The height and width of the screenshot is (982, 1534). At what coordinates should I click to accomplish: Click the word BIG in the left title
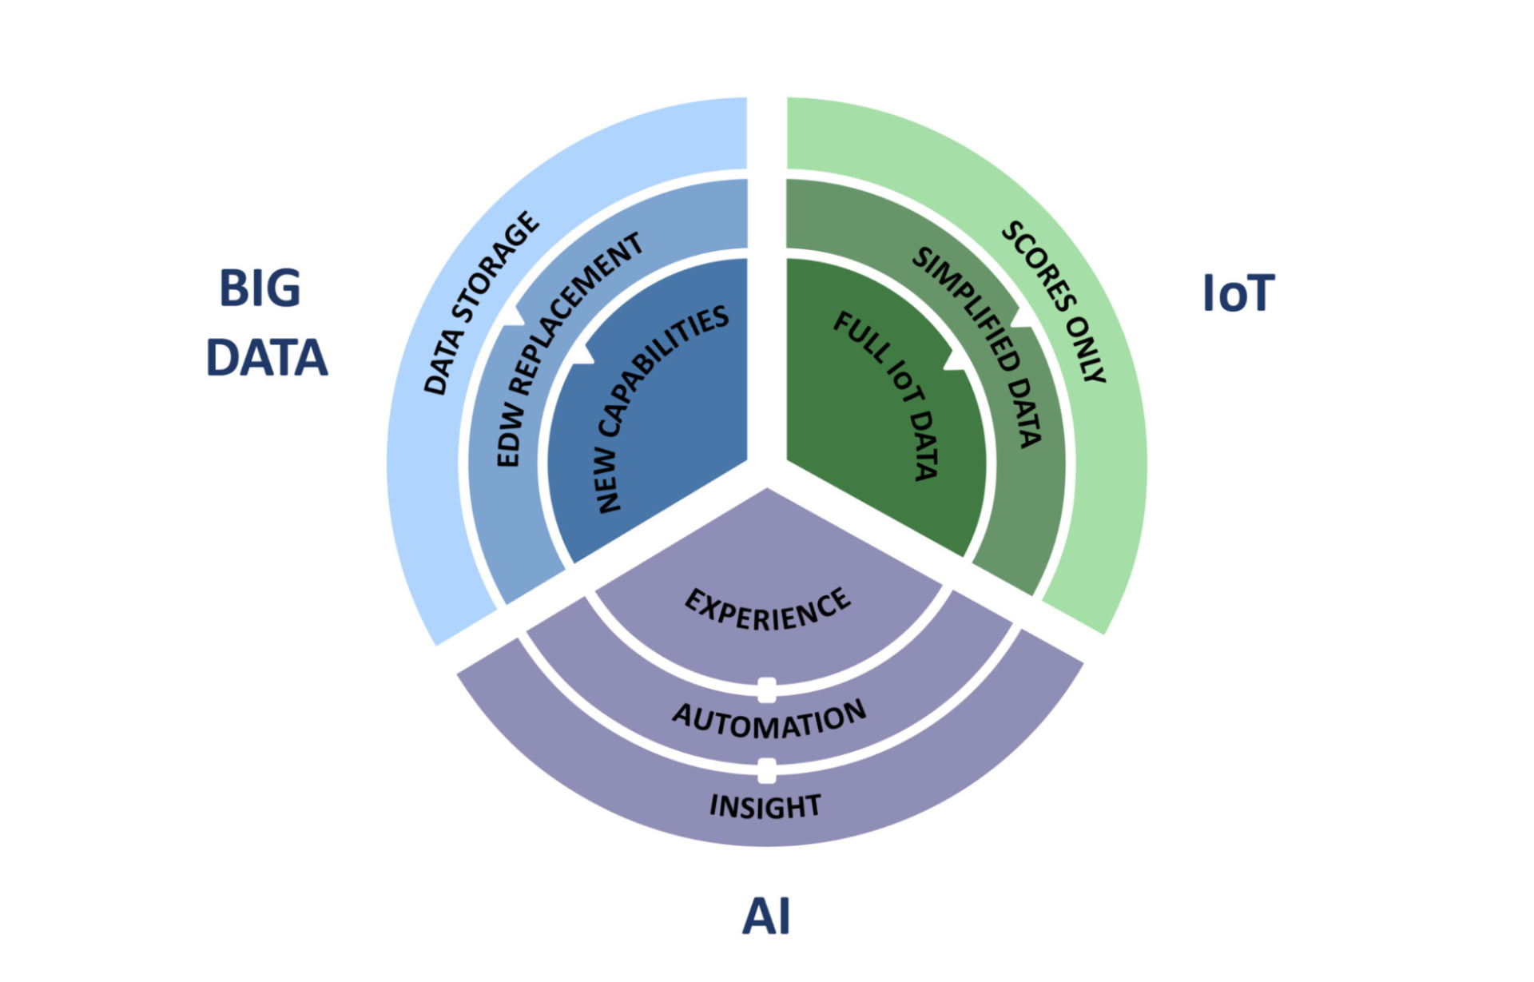(260, 288)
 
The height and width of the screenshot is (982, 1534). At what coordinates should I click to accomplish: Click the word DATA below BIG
(267, 358)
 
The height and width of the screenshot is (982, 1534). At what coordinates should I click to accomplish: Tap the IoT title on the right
(1238, 294)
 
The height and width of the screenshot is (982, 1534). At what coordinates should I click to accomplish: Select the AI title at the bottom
(766, 916)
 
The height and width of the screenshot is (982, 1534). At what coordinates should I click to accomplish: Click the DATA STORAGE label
(481, 304)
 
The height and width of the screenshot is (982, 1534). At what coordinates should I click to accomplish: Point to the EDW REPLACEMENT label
(569, 348)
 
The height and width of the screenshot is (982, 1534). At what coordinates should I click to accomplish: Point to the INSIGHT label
(765, 806)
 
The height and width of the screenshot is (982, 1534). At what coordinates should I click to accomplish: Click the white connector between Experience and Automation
(767, 690)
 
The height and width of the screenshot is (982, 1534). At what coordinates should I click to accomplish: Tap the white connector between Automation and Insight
(767, 771)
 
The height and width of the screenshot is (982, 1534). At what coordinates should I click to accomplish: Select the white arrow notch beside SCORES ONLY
(1022, 317)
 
